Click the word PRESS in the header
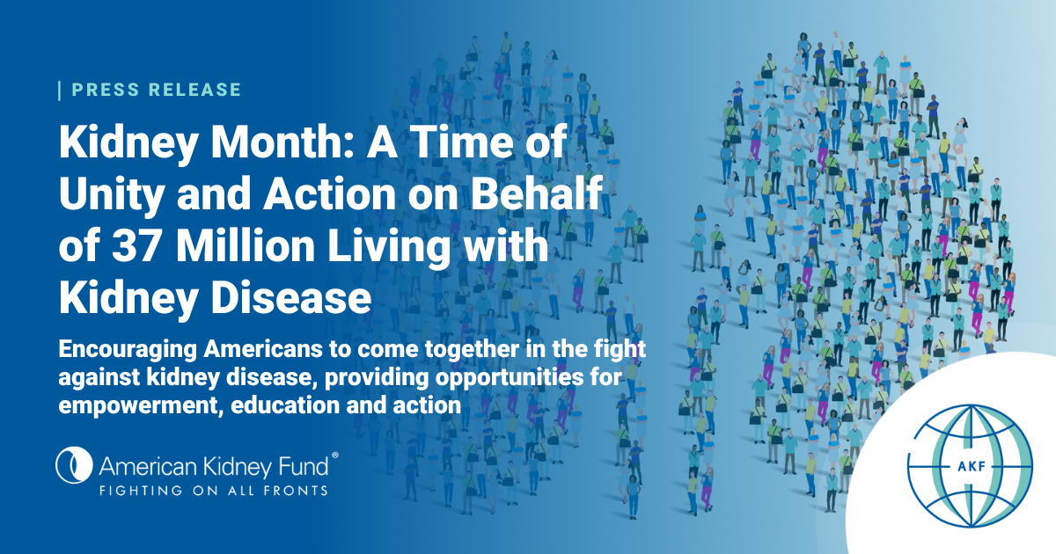[x=106, y=90]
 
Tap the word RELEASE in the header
[x=195, y=90]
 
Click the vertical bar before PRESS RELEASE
[x=60, y=91]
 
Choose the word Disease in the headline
[x=291, y=297]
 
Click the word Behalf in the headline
[x=537, y=193]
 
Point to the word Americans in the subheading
[x=263, y=349]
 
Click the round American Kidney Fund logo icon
[x=74, y=465]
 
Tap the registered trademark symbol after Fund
[x=335, y=456]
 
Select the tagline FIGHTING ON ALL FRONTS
[x=214, y=491]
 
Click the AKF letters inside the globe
[x=972, y=466]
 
